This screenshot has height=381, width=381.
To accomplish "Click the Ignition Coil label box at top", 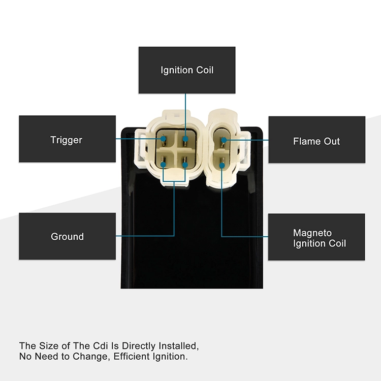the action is click(x=187, y=70).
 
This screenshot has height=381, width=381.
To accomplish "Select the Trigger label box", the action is click(x=67, y=139).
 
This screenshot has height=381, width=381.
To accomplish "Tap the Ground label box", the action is click(x=67, y=236).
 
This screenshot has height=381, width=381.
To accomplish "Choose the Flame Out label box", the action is click(x=317, y=140).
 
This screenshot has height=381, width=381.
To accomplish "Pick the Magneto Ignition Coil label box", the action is click(x=316, y=237).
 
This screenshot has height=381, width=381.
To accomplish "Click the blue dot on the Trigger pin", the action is click(x=163, y=139).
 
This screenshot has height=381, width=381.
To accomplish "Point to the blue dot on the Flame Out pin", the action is click(x=224, y=140).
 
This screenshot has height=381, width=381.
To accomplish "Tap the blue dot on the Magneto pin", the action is click(x=222, y=166).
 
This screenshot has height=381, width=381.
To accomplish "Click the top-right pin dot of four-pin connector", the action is click(x=185, y=139).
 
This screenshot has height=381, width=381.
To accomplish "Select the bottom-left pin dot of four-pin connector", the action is click(x=163, y=165).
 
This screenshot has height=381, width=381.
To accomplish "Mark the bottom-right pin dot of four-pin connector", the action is click(x=185, y=165).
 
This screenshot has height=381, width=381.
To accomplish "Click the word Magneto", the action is click(x=312, y=233).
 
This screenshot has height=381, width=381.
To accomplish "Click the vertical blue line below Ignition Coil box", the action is click(x=185, y=115).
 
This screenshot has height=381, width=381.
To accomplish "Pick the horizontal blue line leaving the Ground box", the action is click(x=145, y=236).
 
